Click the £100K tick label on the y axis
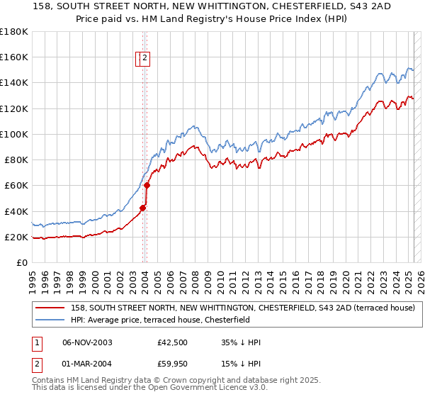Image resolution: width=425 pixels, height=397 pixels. [13, 134]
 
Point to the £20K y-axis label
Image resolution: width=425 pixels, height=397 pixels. [16, 237]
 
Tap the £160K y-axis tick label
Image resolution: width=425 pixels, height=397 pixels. [13, 57]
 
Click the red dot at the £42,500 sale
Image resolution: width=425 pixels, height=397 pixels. [142, 208]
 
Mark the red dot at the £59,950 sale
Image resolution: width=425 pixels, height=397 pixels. [147, 185]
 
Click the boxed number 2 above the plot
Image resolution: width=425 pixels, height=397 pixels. [144, 59]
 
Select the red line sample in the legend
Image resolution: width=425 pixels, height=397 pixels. [50, 308]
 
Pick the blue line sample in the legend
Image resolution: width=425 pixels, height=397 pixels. [50, 320]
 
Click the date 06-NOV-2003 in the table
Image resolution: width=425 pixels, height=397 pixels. [87, 343]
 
